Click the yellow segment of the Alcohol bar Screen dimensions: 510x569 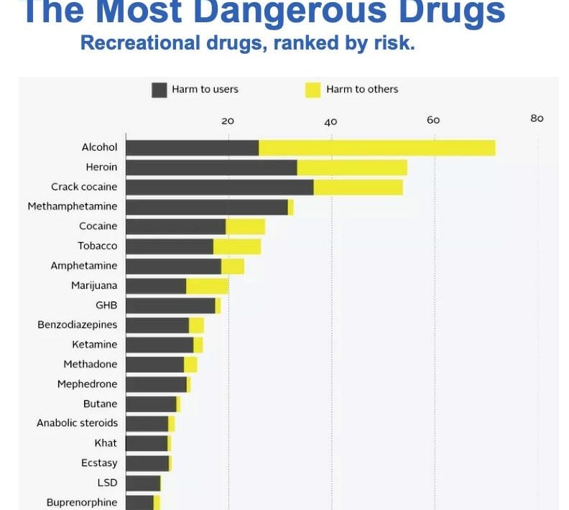[x=376, y=147]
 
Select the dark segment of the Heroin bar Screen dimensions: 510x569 [x=211, y=167]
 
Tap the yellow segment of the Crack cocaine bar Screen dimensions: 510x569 [x=358, y=187]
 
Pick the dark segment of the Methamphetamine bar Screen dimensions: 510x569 [x=207, y=207]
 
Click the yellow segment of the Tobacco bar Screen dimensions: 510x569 [x=237, y=246]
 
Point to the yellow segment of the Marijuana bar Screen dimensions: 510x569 [x=207, y=286]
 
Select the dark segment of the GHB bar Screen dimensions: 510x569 [x=170, y=305]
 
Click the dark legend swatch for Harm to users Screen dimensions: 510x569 [x=159, y=90]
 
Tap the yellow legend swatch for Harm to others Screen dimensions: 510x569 [x=313, y=90]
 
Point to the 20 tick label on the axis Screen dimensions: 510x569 [x=228, y=121]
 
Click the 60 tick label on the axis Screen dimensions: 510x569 [x=433, y=120]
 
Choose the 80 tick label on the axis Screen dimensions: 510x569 [x=537, y=119]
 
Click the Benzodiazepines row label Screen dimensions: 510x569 [x=77, y=325]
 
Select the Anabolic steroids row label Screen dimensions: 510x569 [x=77, y=423]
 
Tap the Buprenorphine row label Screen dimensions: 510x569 [x=82, y=502]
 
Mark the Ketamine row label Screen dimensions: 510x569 [x=94, y=345]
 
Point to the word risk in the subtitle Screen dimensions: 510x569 [x=395, y=44]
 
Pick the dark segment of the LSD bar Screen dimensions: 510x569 [x=143, y=483]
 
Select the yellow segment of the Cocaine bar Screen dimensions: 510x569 [x=245, y=226]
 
